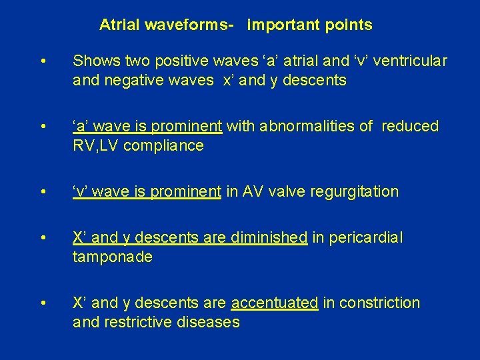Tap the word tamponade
[113, 257]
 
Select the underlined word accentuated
[274, 303]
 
